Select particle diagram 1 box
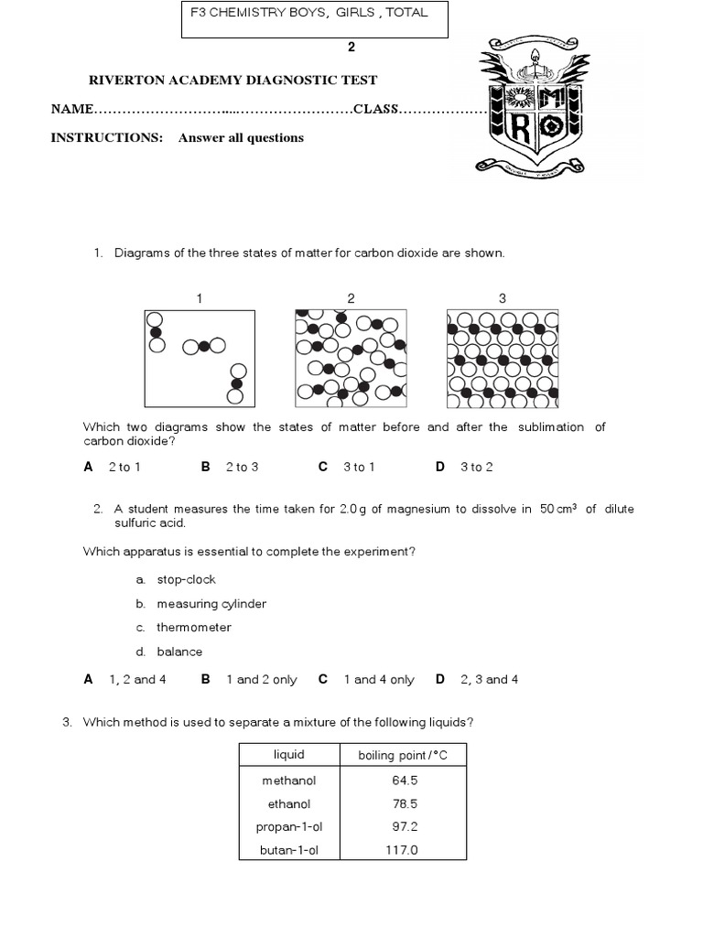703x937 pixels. point(199,358)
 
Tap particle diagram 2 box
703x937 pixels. point(351,358)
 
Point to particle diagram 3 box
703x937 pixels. point(502,358)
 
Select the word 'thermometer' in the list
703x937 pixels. point(193,628)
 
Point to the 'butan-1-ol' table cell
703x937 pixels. point(288,850)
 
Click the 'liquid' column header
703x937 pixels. point(288,755)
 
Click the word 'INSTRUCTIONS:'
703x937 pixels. point(106,138)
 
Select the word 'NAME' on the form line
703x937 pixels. point(72,110)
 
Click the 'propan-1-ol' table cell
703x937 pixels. point(288,827)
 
